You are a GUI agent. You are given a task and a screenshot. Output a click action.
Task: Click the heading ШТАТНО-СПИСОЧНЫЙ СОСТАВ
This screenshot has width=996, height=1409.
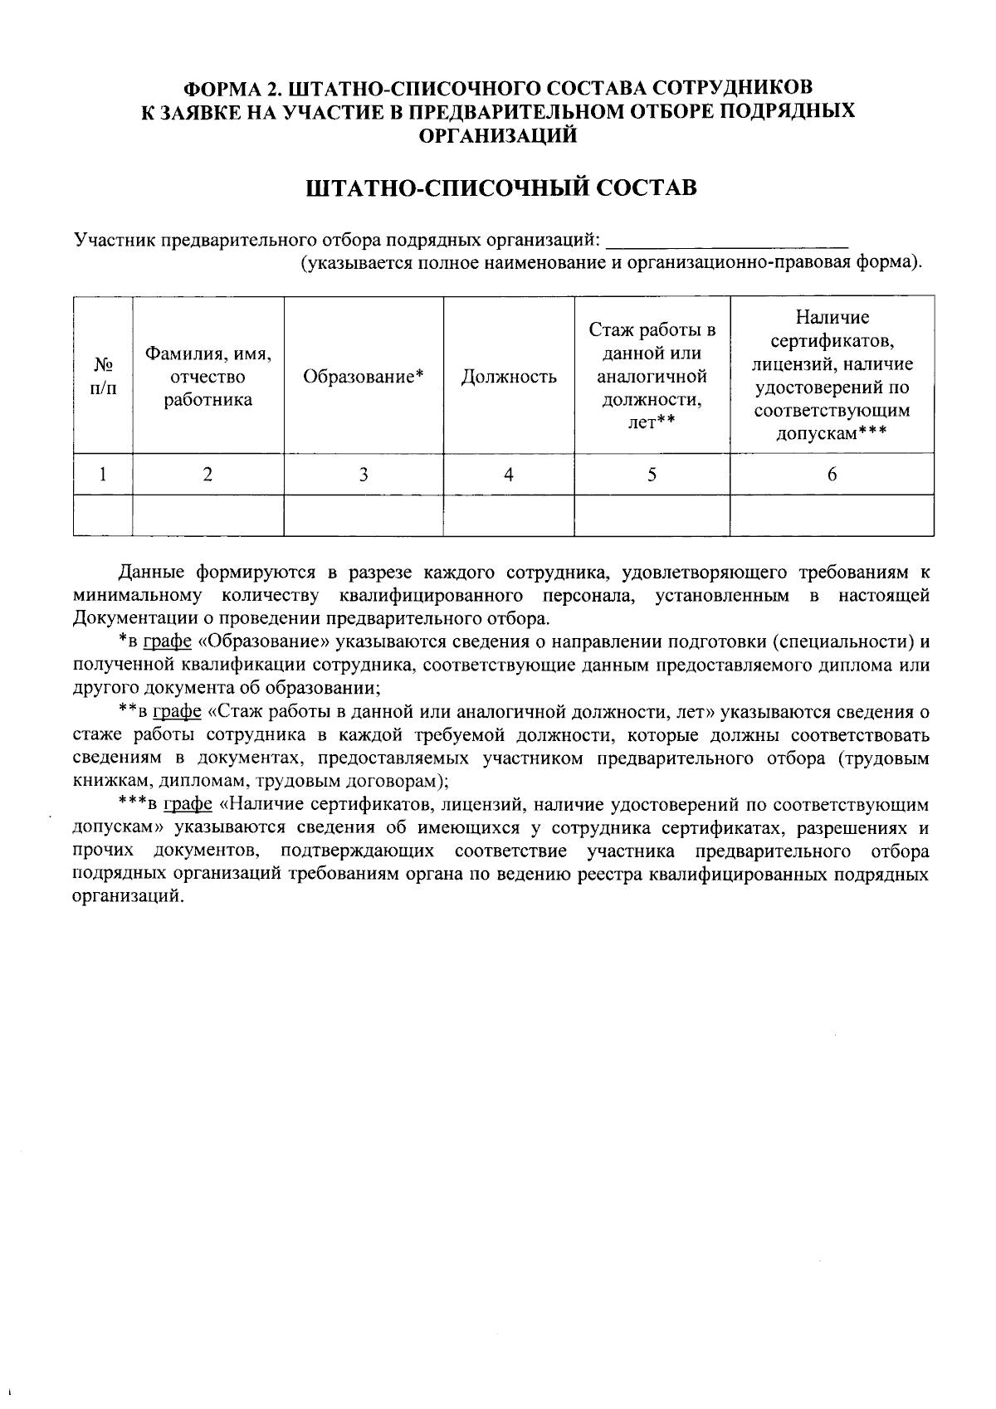pyautogui.click(x=501, y=188)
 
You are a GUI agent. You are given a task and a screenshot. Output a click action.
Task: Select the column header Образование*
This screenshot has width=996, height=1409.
pyautogui.click(x=364, y=377)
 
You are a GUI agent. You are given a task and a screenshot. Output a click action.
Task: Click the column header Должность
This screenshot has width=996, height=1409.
pyautogui.click(x=508, y=377)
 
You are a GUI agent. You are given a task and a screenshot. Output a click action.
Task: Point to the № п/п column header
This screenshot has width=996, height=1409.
pyautogui.click(x=103, y=377)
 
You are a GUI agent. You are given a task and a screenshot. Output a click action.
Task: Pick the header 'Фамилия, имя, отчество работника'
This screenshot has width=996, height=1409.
pyautogui.click(x=208, y=377)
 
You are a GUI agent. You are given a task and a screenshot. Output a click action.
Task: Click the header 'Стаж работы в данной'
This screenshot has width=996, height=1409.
pyautogui.click(x=652, y=377)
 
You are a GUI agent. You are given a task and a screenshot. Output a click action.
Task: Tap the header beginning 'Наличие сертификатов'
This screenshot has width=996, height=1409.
pyautogui.click(x=832, y=375)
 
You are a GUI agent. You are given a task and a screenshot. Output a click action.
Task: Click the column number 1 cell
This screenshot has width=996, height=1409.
pyautogui.click(x=103, y=475)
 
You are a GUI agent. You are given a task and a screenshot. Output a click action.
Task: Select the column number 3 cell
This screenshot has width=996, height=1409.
pyautogui.click(x=364, y=475)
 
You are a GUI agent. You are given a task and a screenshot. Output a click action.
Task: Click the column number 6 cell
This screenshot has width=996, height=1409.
pyautogui.click(x=832, y=475)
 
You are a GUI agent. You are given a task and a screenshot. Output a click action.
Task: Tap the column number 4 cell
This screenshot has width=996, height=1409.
pyautogui.click(x=508, y=475)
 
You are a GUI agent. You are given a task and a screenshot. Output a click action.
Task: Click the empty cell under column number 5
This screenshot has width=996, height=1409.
pyautogui.click(x=652, y=515)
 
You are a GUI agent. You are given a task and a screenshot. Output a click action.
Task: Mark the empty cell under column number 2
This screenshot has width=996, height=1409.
pyautogui.click(x=208, y=515)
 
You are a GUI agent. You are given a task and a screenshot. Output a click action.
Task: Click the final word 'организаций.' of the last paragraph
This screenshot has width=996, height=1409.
pyautogui.click(x=126, y=898)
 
